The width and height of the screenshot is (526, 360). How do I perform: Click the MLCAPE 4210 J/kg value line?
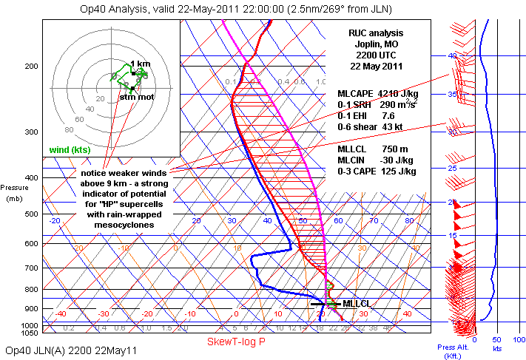(x=374, y=94)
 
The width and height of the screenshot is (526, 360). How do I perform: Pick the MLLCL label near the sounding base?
(x=356, y=304)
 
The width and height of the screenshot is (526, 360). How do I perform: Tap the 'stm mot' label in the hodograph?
(x=137, y=97)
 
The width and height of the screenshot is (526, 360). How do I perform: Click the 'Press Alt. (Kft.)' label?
(x=452, y=350)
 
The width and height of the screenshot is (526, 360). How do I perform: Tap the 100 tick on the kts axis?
(x=518, y=340)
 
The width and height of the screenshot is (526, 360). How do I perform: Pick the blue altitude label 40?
(x=451, y=56)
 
